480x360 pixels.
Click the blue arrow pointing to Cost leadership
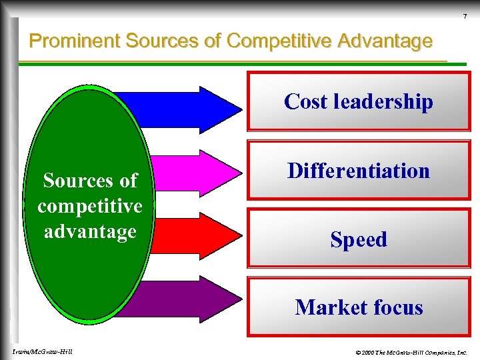click(x=193, y=107)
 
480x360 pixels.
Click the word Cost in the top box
click(x=306, y=101)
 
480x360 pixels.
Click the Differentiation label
click(x=359, y=171)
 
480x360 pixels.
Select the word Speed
click(x=359, y=239)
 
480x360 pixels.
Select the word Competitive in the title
click(x=279, y=41)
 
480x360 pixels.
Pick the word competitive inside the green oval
click(x=90, y=206)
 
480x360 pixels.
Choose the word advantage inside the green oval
click(x=90, y=231)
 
